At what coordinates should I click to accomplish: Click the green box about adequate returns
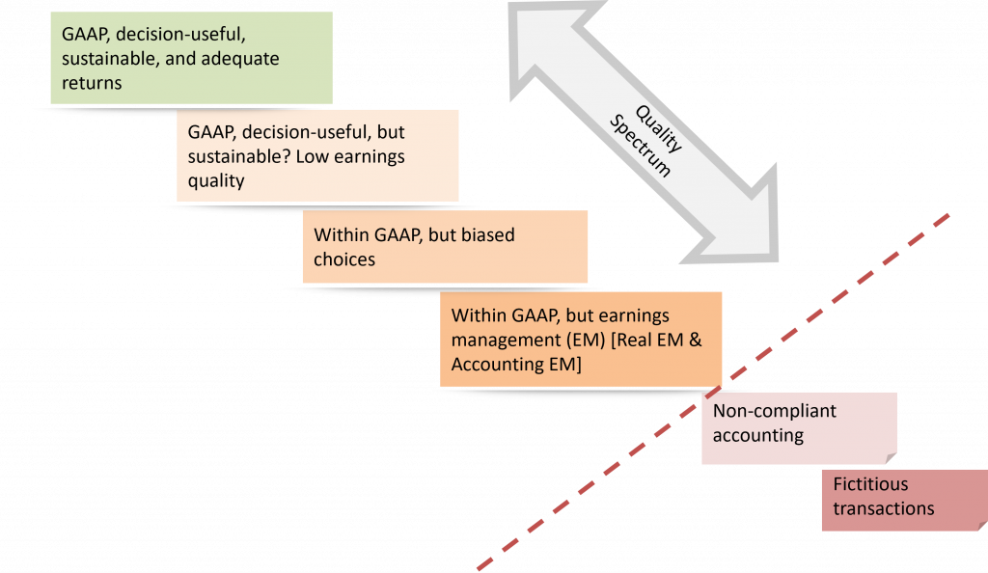[x=191, y=58]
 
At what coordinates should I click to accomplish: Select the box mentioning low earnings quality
[x=317, y=154]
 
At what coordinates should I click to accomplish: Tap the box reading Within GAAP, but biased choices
[x=445, y=247]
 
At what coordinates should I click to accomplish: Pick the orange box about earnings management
[x=581, y=340]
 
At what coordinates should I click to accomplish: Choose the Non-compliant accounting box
[x=799, y=427]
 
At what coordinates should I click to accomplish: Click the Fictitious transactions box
[x=904, y=500]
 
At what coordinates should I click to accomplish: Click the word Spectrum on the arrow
[x=643, y=156]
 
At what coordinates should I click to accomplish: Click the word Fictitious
[x=870, y=484]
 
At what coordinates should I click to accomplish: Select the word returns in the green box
[x=92, y=83]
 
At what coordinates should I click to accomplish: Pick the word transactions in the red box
[x=884, y=508]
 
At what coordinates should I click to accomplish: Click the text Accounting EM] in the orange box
[x=516, y=364]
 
